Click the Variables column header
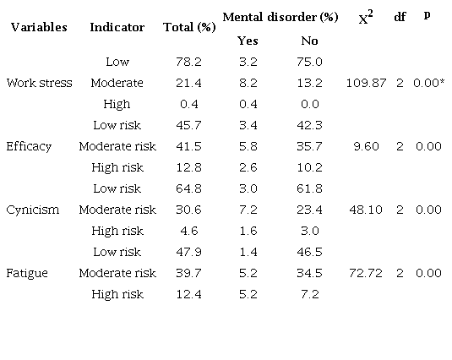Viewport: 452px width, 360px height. click(39, 27)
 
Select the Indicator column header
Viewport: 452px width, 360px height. click(117, 27)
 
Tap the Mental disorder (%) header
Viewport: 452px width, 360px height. click(275, 17)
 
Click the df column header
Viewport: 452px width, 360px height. click(400, 18)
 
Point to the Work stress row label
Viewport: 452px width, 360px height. click(39, 83)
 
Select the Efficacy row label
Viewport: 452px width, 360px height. click(29, 146)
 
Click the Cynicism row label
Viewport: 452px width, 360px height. click(32, 210)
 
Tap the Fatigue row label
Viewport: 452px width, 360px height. click(28, 273)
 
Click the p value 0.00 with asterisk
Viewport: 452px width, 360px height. click(430, 83)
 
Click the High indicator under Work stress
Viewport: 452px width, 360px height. click(117, 104)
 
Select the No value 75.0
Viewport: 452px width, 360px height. click(310, 62)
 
